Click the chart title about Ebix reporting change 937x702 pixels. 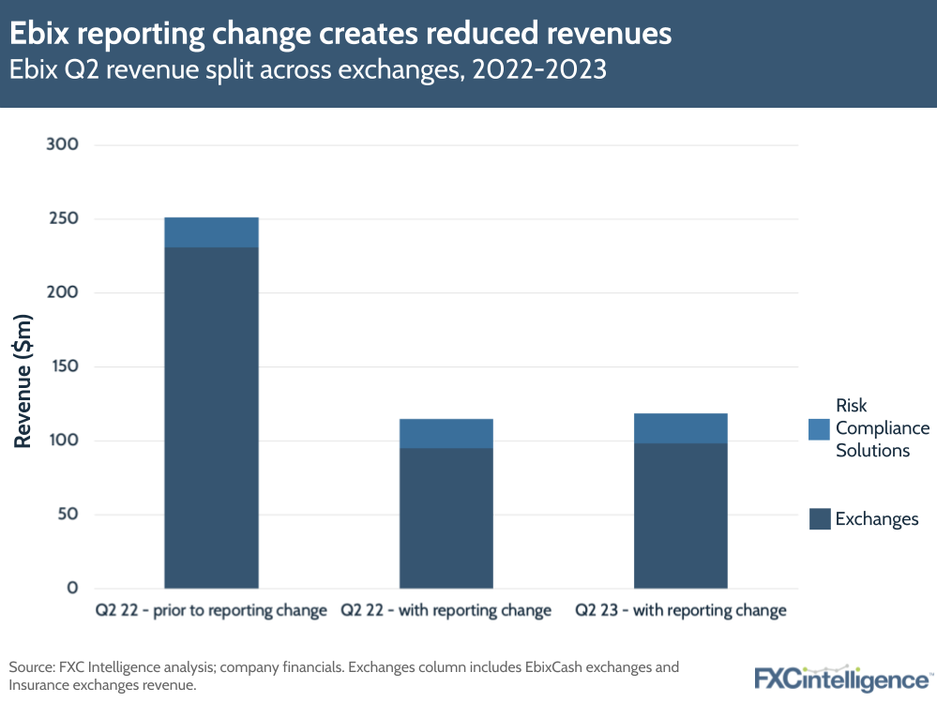click(340, 34)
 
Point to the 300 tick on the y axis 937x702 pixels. click(59, 144)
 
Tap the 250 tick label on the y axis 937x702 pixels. click(59, 218)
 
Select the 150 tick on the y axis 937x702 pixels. click(59, 366)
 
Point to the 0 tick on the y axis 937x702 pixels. click(72, 588)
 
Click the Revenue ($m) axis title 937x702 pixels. click(23, 366)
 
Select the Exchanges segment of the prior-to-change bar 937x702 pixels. click(211, 417)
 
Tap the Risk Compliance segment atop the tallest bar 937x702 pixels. click(211, 232)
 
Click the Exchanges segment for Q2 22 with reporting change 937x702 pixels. click(446, 517)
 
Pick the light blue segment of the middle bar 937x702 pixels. click(446, 433)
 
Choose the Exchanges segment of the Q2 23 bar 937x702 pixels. click(681, 515)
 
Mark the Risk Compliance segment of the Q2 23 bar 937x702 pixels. click(681, 428)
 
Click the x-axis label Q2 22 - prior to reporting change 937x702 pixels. click(211, 611)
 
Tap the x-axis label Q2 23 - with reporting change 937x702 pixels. click(681, 611)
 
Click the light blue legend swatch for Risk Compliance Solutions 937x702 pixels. click(819, 428)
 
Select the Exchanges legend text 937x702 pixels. click(877, 519)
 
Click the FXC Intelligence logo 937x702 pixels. click(842, 678)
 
